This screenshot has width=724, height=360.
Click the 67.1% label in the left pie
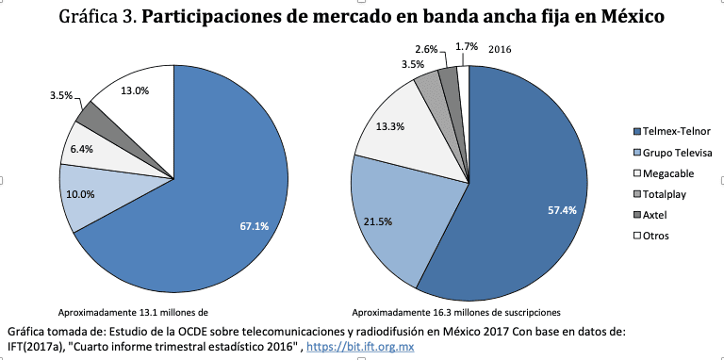point(255,226)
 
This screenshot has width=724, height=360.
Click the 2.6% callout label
point(424,49)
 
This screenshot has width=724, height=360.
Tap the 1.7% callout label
point(466,45)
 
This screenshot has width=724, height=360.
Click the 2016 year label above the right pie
point(499,48)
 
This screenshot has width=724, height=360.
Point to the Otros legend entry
point(655,235)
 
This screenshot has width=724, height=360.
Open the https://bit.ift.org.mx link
point(360,347)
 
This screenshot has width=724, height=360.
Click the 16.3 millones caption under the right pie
point(455,312)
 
